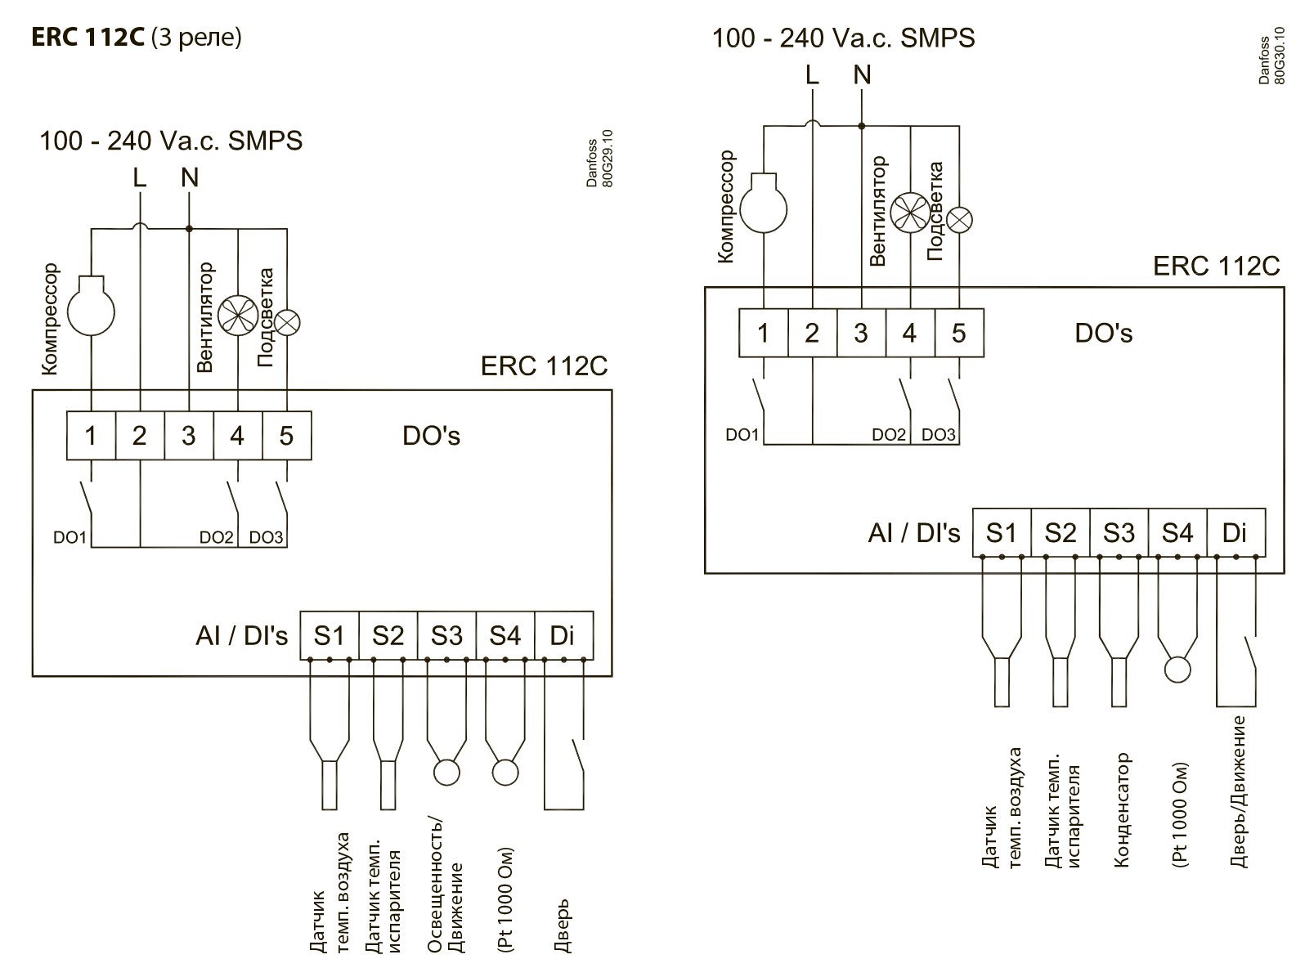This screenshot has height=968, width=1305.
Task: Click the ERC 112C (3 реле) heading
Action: click(x=136, y=37)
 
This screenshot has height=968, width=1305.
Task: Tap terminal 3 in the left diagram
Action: click(x=189, y=436)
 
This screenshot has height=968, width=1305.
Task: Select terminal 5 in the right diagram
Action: click(x=959, y=333)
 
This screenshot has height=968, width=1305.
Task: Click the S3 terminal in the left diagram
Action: click(x=446, y=635)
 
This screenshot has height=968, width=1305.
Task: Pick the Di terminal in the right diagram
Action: click(x=1235, y=532)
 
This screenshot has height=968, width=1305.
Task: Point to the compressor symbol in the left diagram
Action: click(x=92, y=306)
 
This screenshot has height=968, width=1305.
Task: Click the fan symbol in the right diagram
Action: click(x=910, y=213)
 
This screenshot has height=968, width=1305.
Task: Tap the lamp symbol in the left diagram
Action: click(x=287, y=322)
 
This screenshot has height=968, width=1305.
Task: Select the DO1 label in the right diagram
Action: click(x=742, y=435)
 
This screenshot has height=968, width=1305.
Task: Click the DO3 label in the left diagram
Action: click(x=266, y=537)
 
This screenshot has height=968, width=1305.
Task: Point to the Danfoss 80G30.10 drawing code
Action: click(x=1271, y=56)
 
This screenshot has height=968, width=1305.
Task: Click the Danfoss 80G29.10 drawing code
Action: click(x=599, y=159)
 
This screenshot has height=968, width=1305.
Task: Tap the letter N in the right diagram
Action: click(x=862, y=74)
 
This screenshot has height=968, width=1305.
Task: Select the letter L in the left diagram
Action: click(x=140, y=177)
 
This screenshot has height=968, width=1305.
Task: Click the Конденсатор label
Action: click(x=1122, y=810)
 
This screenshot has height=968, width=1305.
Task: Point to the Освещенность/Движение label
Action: click(x=445, y=886)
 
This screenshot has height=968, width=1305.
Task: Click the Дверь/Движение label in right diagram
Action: click(x=1238, y=792)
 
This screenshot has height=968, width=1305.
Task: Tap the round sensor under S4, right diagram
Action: click(x=1177, y=670)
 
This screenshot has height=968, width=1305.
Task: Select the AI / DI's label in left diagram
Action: click(x=242, y=635)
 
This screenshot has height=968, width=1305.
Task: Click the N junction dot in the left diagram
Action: click(x=189, y=228)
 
